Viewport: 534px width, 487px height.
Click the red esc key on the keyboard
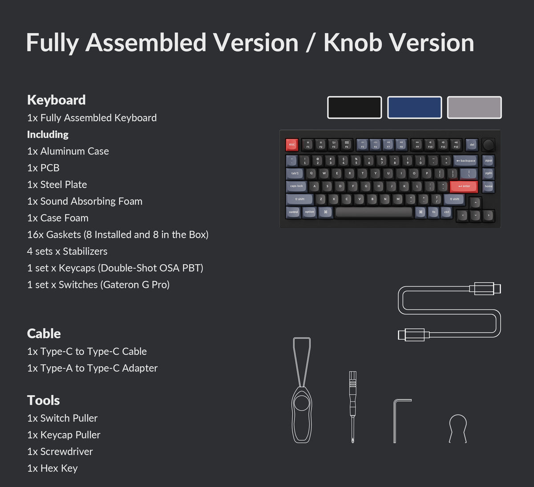click(292, 145)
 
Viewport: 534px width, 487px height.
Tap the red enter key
click(463, 186)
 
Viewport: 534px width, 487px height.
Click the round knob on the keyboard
click(488, 145)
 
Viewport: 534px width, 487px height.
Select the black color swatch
click(354, 107)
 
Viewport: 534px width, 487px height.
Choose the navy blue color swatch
click(414, 107)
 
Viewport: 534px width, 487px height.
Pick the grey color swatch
click(474, 107)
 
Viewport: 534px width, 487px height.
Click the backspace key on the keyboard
click(465, 161)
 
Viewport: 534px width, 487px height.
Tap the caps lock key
click(296, 186)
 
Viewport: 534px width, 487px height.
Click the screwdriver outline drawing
click(353, 406)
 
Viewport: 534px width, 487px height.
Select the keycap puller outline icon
click(458, 428)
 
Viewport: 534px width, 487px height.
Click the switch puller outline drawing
click(302, 392)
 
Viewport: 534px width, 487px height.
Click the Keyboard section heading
click(56, 100)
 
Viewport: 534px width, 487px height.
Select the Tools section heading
click(43, 400)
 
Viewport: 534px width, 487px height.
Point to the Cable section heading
click(44, 333)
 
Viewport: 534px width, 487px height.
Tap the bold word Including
click(48, 134)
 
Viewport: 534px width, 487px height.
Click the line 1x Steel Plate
click(57, 184)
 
